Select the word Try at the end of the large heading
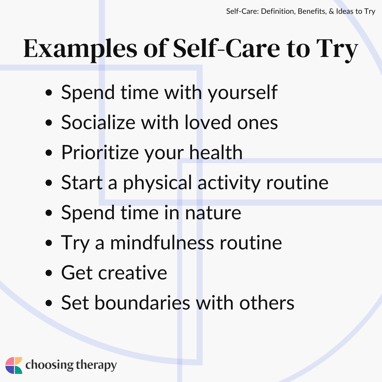point(337,50)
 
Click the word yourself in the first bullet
point(242,93)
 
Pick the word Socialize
point(98,122)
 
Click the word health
point(216,152)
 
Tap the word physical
point(157,183)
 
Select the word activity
point(229,183)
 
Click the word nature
point(213,213)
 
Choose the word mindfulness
point(162,243)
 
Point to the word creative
point(133,273)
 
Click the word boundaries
point(142,303)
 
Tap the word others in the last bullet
point(267,303)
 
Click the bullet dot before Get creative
point(49,273)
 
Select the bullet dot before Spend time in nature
point(49,213)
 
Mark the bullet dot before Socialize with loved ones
point(49,122)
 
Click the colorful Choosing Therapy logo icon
point(14,365)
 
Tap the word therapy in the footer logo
point(96,365)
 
